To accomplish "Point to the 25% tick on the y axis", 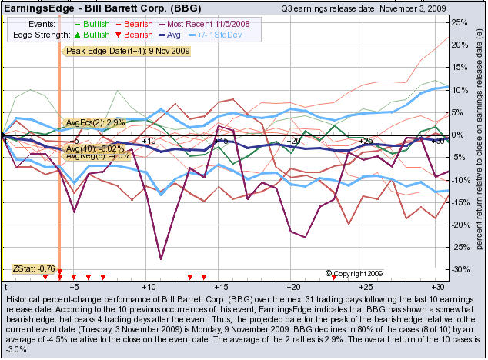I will pos(459,22).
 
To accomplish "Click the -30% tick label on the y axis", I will pos(459,270).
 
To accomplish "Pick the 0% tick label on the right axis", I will pos(459,135).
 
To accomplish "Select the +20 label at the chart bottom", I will pos(292,284).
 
